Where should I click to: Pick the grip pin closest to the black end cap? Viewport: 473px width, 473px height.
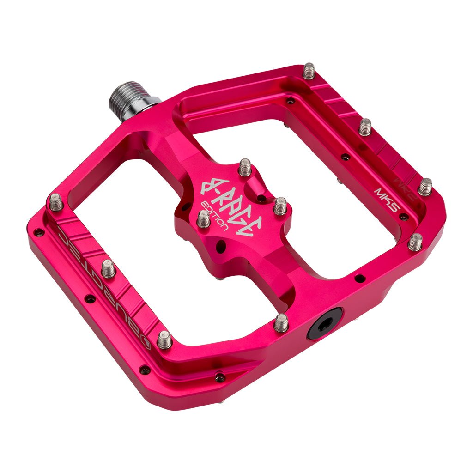(x=281, y=322)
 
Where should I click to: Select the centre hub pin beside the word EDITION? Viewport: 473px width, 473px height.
(x=203, y=219)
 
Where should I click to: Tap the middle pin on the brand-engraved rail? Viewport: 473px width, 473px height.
(x=108, y=268)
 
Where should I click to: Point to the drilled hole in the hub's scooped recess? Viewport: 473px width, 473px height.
(x=261, y=199)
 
